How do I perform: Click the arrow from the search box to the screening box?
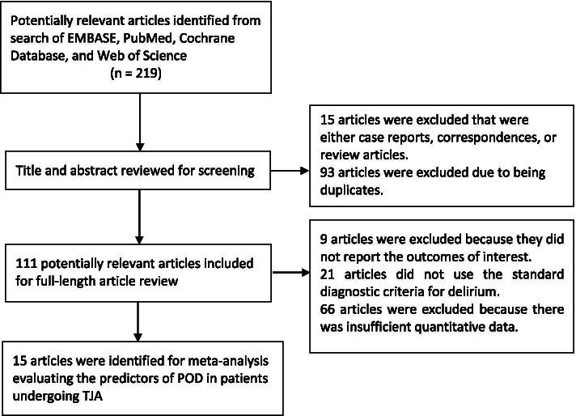[x=141, y=126]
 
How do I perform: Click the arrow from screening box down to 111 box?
[x=141, y=219]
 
